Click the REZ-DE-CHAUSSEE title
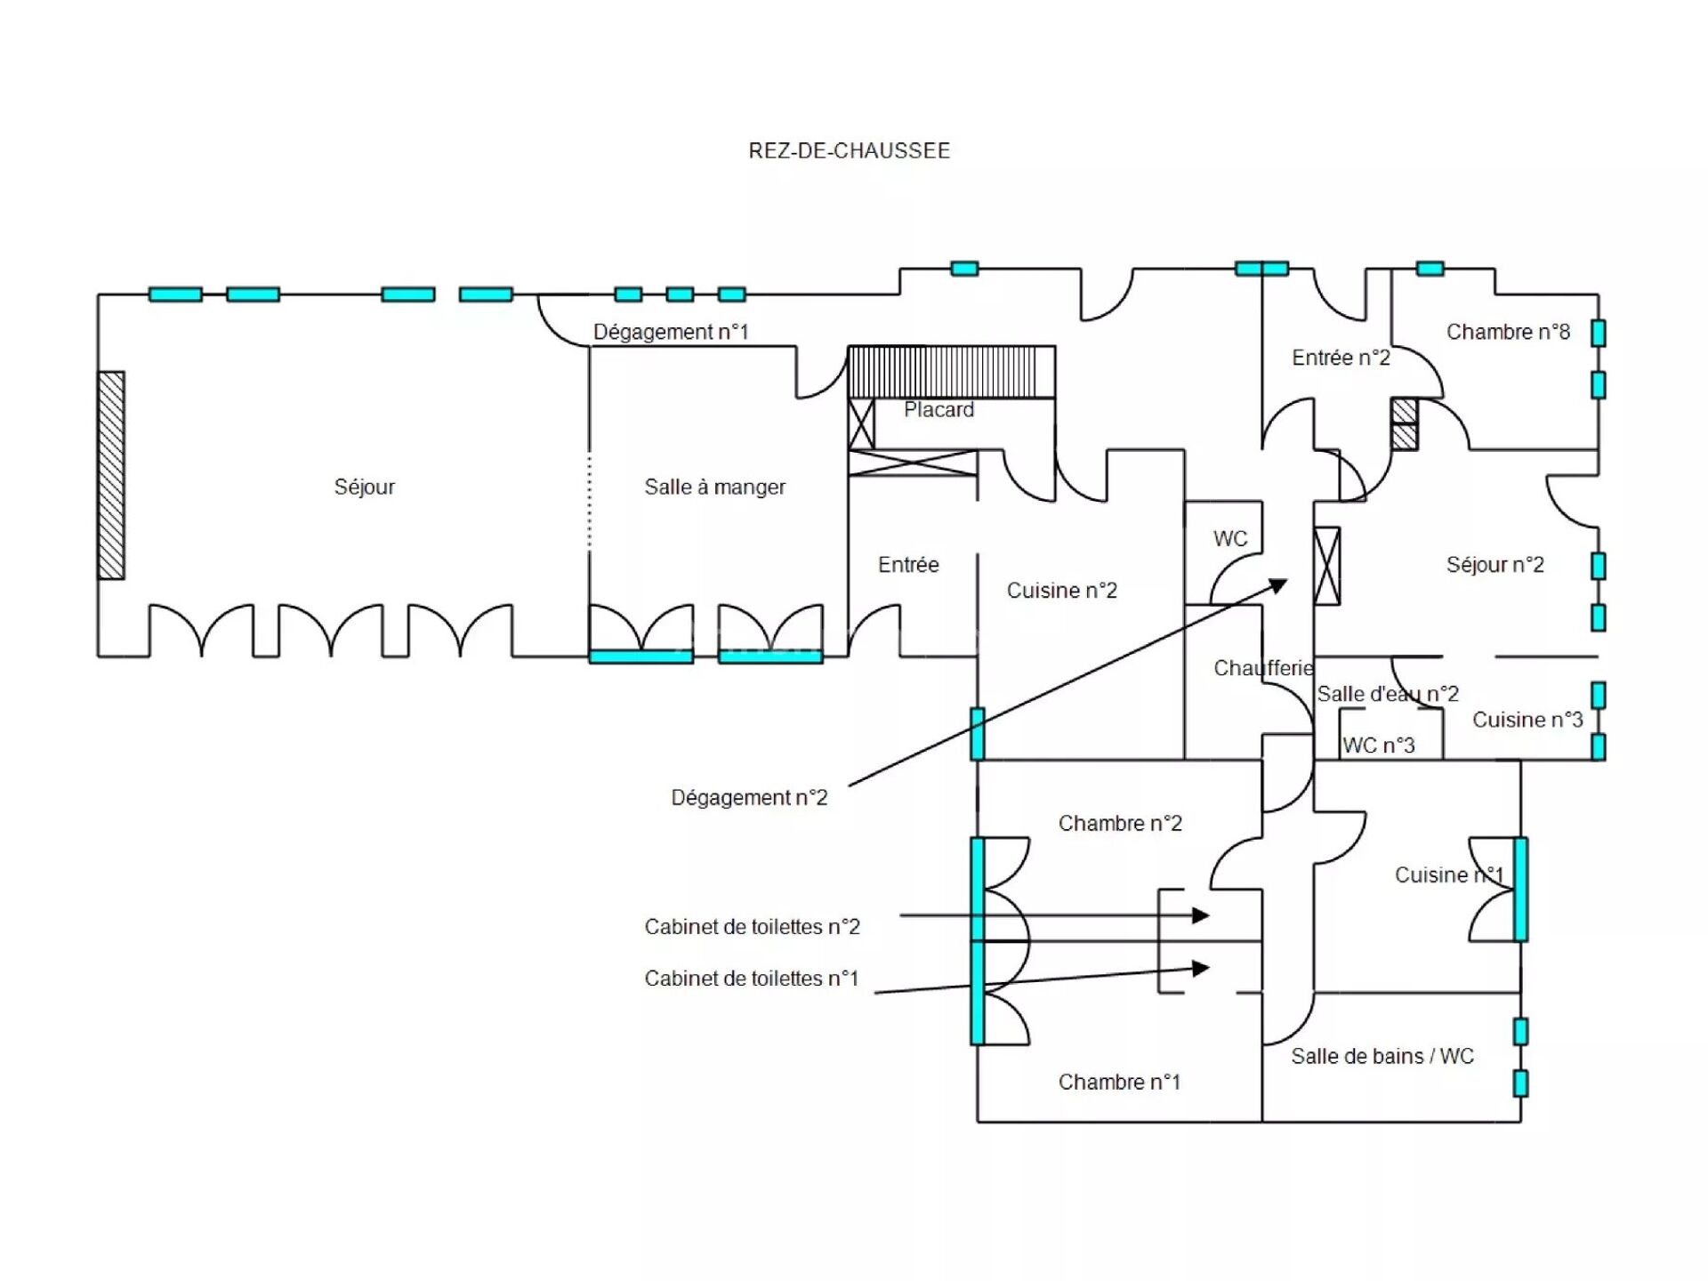pyautogui.click(x=849, y=150)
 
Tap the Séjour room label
pyautogui.click(x=364, y=487)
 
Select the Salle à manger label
pyautogui.click(x=714, y=487)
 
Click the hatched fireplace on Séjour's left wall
pyautogui.click(x=111, y=475)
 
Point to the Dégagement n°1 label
pyautogui.click(x=671, y=332)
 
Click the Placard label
pyautogui.click(x=939, y=409)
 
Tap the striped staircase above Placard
pyautogui.click(x=951, y=371)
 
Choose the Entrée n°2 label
pyautogui.click(x=1341, y=358)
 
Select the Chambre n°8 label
pyautogui.click(x=1508, y=332)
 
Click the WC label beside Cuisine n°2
pyautogui.click(x=1230, y=538)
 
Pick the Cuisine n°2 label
pyautogui.click(x=1061, y=590)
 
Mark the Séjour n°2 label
pyautogui.click(x=1494, y=564)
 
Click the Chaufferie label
pyautogui.click(x=1263, y=668)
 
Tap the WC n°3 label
pyautogui.click(x=1378, y=745)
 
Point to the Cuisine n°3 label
pyautogui.click(x=1527, y=720)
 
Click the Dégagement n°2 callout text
pyautogui.click(x=749, y=797)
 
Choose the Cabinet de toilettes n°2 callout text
pyautogui.click(x=752, y=927)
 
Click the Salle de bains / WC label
pyautogui.click(x=1382, y=1056)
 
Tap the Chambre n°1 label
pyautogui.click(x=1119, y=1082)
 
